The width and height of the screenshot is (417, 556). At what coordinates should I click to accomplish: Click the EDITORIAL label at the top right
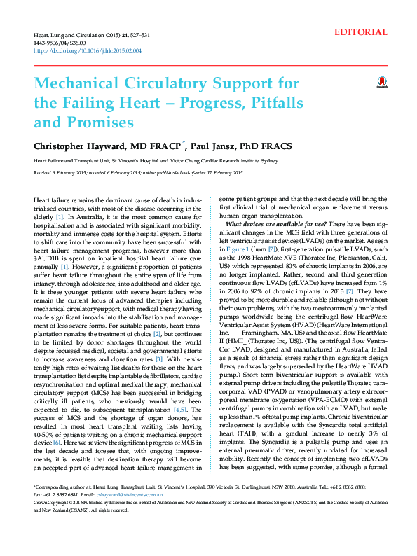pyautogui.click(x=361, y=32)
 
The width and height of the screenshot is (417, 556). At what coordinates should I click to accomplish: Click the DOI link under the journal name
pyautogui.click(x=88, y=50)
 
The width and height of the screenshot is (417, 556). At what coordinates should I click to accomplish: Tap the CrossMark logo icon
pyautogui.click(x=382, y=83)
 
